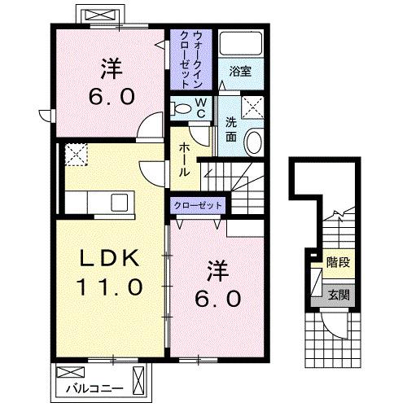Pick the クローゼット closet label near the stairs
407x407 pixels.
pos(198,205)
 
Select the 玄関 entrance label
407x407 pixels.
pos(338,295)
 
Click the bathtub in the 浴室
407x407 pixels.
pos(239,46)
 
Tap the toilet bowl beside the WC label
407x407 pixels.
pos(180,108)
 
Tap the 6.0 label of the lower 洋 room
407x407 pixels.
pos(217,298)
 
